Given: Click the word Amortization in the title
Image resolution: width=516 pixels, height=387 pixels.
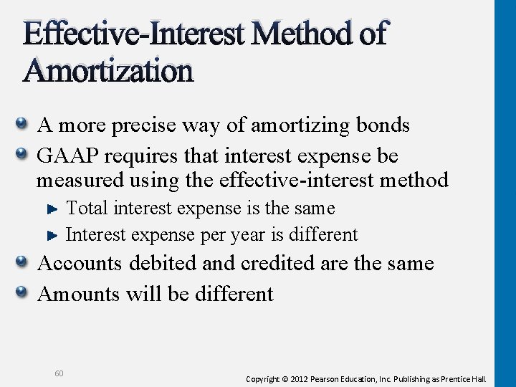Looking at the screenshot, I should click(x=108, y=71).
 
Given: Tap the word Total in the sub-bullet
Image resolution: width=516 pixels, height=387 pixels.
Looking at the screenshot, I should click(x=87, y=209).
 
